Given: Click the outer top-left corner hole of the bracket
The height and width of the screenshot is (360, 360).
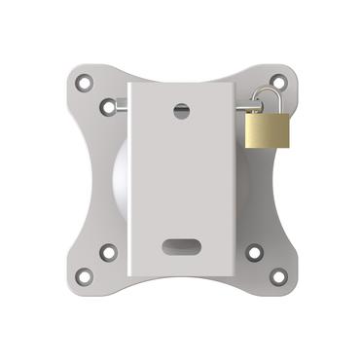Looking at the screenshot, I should [x=85, y=83].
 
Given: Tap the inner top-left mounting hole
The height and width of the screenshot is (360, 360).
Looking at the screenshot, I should [x=108, y=106].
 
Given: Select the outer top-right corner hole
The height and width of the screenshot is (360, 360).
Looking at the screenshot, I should [x=277, y=82].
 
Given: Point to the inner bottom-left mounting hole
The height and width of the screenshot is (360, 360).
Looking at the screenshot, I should [x=108, y=252].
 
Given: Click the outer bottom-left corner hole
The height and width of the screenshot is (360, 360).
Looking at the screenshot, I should [x=85, y=276].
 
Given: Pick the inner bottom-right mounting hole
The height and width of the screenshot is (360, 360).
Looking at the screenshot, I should [x=254, y=252].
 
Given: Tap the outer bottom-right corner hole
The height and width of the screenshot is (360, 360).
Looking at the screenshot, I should [x=277, y=276].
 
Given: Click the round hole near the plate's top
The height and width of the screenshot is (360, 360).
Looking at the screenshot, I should [x=181, y=110].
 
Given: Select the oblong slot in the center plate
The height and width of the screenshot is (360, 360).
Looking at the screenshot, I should [x=181, y=245].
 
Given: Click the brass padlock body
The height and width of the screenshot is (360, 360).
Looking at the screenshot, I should [x=267, y=129].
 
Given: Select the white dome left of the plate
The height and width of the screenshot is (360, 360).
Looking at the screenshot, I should [x=121, y=181].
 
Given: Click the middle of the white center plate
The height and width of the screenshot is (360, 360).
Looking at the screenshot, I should [x=181, y=181].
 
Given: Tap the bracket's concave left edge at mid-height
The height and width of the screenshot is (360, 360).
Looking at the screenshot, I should [x=90, y=181].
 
